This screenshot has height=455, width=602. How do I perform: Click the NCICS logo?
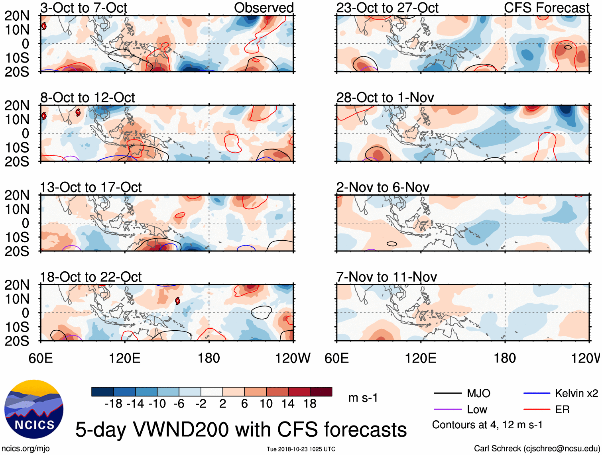[x=34, y=410]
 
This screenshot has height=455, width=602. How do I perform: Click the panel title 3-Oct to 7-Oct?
[x=83, y=8]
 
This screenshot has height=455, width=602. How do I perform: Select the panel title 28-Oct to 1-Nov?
[x=385, y=98]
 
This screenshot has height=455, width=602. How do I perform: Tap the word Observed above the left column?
[x=264, y=8]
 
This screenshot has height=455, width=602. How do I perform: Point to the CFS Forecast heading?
[x=546, y=8]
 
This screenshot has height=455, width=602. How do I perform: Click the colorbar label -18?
[x=113, y=404]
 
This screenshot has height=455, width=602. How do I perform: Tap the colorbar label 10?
[x=266, y=404]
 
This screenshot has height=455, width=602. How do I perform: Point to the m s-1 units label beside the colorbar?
[x=363, y=398]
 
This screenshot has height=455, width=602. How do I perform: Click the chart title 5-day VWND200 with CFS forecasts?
[x=241, y=430]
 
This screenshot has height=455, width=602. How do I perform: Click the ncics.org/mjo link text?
[x=26, y=449]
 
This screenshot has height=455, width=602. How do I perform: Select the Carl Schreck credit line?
[x=537, y=449]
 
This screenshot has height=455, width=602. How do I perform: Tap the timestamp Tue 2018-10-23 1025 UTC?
[x=301, y=449]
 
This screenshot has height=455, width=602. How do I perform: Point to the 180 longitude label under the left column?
[x=209, y=358]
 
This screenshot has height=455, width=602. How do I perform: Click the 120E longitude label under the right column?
[x=421, y=358]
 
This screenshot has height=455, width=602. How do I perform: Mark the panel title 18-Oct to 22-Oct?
[x=90, y=277]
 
